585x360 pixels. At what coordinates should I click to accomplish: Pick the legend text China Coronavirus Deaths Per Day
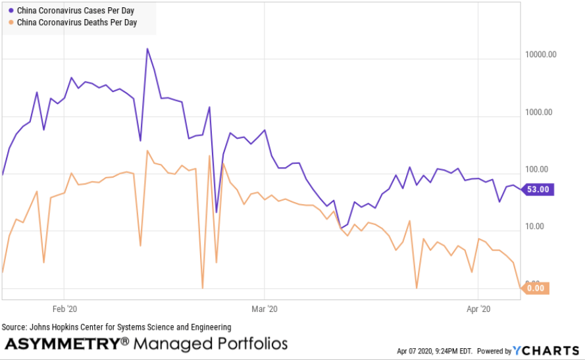(77, 22)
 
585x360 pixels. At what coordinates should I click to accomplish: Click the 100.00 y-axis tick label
(542, 170)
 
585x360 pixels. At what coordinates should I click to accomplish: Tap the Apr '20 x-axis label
(478, 308)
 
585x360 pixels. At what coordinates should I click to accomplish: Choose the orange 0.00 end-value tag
(536, 288)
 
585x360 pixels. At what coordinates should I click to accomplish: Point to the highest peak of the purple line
(147, 49)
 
